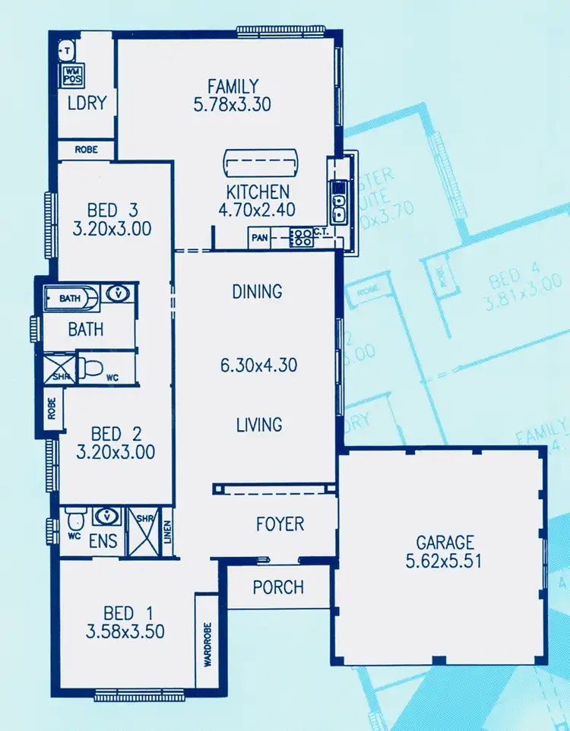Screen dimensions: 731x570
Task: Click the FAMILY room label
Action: (x=233, y=87)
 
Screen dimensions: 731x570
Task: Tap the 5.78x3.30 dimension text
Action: (x=233, y=105)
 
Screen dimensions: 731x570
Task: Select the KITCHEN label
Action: (x=258, y=191)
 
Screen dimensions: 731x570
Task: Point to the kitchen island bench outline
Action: (x=261, y=162)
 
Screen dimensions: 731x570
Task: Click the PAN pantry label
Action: (x=259, y=239)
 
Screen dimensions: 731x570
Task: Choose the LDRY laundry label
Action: (x=86, y=103)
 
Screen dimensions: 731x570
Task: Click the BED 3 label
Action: (x=112, y=210)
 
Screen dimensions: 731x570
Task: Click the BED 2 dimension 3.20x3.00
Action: (x=116, y=452)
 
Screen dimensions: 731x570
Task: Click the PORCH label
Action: (x=278, y=587)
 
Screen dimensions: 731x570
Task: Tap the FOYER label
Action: (x=280, y=524)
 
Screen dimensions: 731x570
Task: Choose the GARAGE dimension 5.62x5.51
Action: (x=445, y=562)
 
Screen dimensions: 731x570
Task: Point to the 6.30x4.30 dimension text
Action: (x=258, y=366)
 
